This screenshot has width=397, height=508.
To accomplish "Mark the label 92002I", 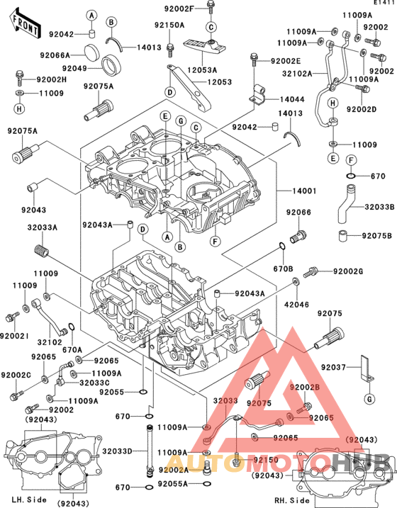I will [x=14, y=335].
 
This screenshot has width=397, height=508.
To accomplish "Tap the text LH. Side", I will [x=28, y=499].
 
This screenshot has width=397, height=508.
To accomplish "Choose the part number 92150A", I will [x=169, y=25].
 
